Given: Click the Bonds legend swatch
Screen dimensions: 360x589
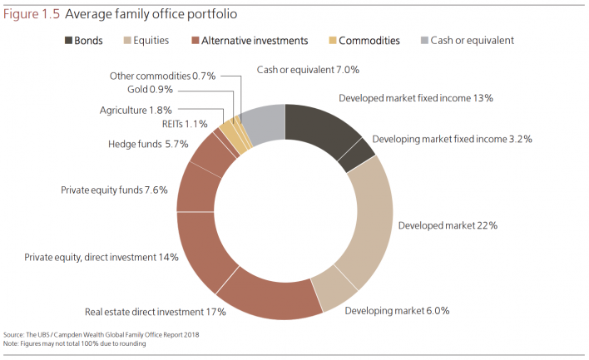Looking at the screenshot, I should (67, 40).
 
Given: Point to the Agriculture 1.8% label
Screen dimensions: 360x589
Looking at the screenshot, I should (136, 110).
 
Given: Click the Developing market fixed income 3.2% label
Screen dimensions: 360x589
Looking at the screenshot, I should (452, 139).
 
